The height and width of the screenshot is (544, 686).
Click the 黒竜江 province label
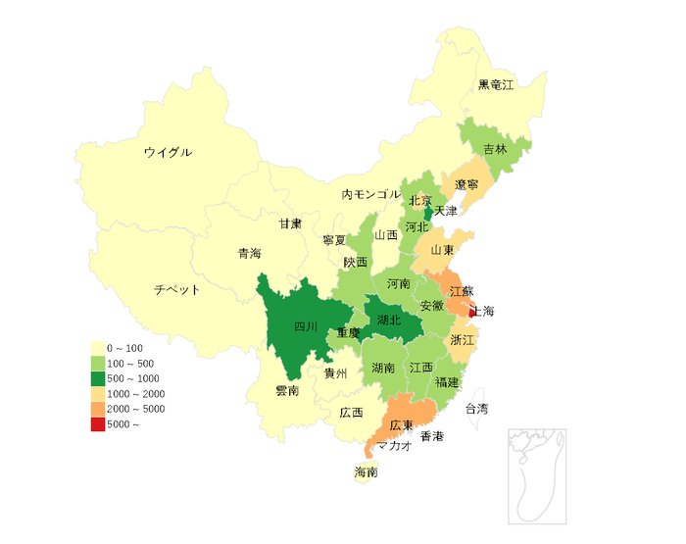coord(495,84)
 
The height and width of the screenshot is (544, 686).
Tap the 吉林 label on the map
coord(495,150)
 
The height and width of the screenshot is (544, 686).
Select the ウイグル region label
coord(168,153)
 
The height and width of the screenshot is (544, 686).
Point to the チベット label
coord(176,290)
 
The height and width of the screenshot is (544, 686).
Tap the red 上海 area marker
coord(472,312)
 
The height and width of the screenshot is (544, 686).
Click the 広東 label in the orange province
coord(401,426)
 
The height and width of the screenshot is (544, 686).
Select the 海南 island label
coord(367,472)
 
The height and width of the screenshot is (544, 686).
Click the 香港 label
coord(432,436)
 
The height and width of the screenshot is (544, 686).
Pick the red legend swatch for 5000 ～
coord(97,424)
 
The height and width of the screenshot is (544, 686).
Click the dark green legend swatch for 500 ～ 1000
coord(97,378)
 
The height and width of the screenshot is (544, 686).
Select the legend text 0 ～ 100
coord(124,348)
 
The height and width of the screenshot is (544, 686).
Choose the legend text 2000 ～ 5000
coord(135,409)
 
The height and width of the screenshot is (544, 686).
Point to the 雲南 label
coord(287,390)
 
